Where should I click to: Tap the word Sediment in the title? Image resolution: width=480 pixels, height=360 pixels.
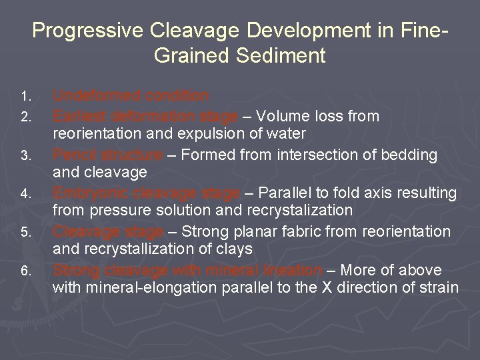click(x=283, y=55)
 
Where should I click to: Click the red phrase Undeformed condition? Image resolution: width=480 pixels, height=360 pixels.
click(x=131, y=96)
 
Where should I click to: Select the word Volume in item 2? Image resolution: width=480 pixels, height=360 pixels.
click(x=279, y=116)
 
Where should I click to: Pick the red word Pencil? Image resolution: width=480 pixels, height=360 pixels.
click(x=73, y=155)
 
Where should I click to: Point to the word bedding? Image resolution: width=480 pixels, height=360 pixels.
click(x=412, y=155)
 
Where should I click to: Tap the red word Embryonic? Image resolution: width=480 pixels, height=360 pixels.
click(x=91, y=193)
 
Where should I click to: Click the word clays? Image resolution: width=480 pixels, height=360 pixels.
click(x=235, y=249)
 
